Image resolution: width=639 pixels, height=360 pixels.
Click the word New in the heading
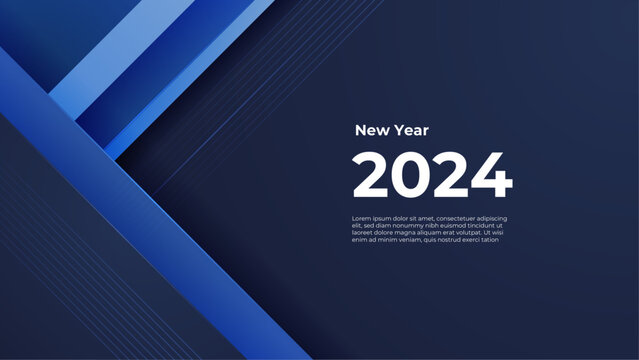tap(369, 130)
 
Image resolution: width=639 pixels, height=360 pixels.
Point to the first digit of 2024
tap(372, 176)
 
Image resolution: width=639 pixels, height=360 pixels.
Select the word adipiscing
tap(496, 218)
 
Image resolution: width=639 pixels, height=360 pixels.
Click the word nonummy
tap(402, 225)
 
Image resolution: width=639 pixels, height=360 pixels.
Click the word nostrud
tap(447, 239)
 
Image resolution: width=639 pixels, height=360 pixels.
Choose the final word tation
tap(492, 239)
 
